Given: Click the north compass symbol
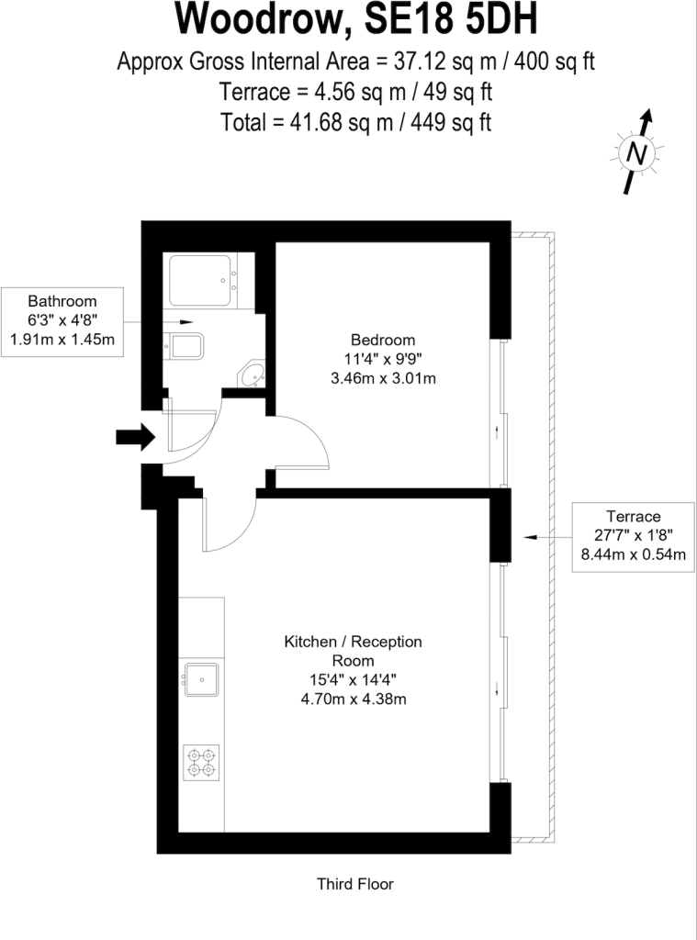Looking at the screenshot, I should (635, 152).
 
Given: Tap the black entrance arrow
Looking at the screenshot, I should (134, 437).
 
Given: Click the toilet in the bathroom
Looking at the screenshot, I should (188, 348).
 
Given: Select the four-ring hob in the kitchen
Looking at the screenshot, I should (201, 761).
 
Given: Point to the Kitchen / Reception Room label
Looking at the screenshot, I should (353, 650).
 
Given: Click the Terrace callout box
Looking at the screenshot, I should (634, 535).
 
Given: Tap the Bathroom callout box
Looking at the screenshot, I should (62, 319).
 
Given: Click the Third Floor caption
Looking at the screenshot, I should (354, 885).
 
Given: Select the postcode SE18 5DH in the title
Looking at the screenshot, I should (441, 20).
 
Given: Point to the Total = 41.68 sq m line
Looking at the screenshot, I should (355, 121).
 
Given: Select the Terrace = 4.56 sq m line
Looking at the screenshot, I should (355, 92).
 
